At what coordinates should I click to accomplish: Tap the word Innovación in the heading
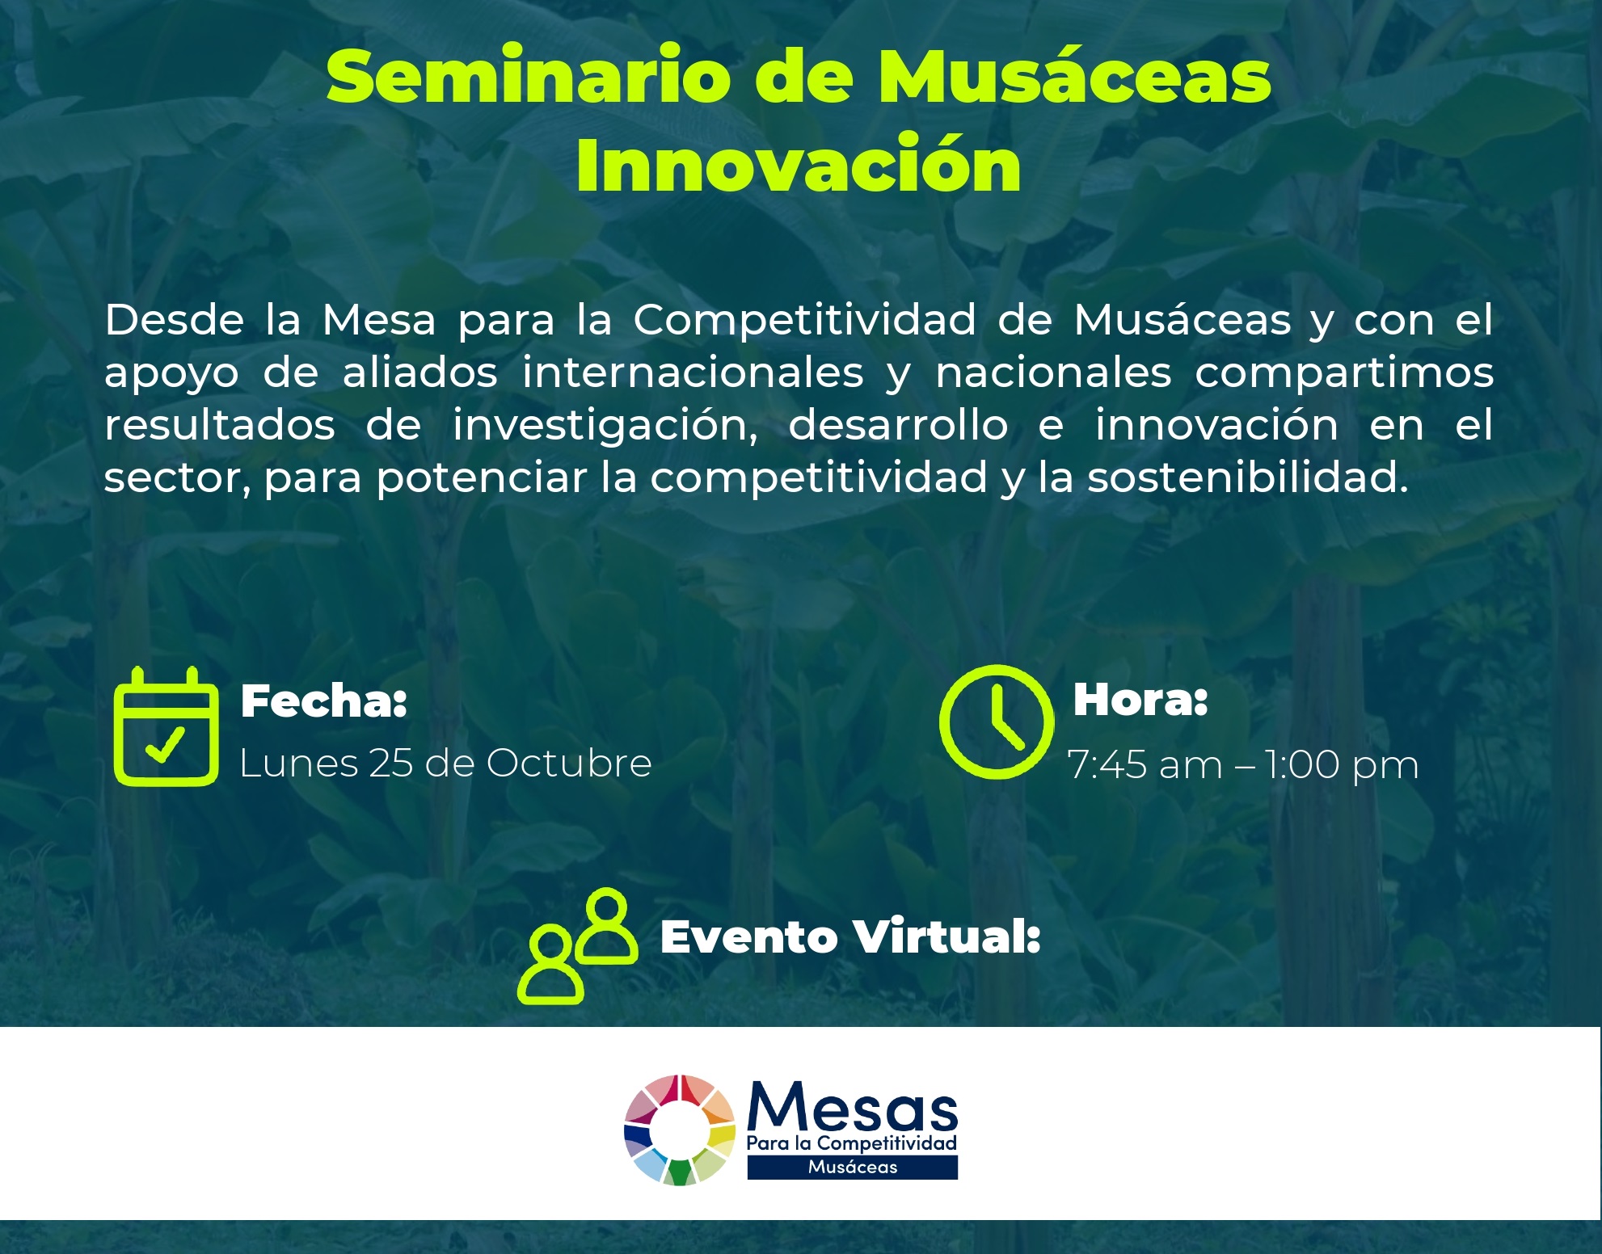pos(799,166)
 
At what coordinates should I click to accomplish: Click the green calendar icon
pos(166,726)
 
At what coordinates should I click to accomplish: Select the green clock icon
pos(996,722)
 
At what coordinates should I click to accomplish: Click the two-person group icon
pos(577,945)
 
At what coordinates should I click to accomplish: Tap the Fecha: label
pos(323,701)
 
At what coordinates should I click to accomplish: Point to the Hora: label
pos(1140,699)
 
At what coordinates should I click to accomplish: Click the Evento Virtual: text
pos(849,937)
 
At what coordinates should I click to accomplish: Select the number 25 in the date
pos(390,763)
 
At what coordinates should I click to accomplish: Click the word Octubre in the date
pos(569,763)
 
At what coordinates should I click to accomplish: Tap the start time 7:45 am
pos(1145,764)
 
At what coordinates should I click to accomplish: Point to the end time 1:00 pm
pos(1341,764)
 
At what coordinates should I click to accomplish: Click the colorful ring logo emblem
pos(680,1130)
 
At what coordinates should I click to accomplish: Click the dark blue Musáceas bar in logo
pos(852,1167)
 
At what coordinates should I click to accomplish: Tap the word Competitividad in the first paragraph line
pos(804,320)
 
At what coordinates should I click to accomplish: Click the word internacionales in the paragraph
pos(693,372)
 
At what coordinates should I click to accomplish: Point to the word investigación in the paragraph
pos(605,426)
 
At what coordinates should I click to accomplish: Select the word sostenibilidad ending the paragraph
pos(1247,478)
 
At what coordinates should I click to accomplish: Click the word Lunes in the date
pos(298,763)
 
